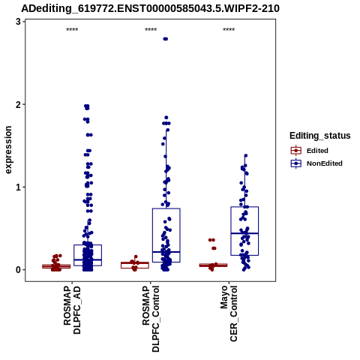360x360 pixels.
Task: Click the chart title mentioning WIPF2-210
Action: tap(150, 8)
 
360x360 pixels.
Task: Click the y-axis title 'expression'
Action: tap(8, 150)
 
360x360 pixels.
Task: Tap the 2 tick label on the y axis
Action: tap(18, 104)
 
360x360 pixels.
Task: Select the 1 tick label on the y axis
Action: tap(18, 187)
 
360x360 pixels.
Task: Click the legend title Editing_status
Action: tap(320, 136)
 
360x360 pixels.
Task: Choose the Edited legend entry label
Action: tap(317, 151)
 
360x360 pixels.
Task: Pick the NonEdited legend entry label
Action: tap(325, 163)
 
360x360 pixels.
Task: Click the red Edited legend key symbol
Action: tap(296, 151)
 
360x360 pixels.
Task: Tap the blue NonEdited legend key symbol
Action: tap(296, 163)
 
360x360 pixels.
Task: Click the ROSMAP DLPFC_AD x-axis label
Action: tap(72, 310)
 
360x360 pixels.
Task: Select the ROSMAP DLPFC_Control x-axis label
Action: tap(151, 319)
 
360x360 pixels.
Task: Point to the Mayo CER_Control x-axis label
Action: tap(229, 313)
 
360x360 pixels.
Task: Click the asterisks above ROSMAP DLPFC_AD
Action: tap(72, 30)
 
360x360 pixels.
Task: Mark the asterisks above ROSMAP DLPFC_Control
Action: tap(151, 30)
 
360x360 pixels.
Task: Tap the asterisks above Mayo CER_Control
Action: tap(229, 30)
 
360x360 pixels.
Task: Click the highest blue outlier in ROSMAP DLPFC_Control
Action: tap(166, 39)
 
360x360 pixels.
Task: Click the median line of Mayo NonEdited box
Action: tap(244, 233)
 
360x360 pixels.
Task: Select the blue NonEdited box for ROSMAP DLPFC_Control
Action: tap(166, 208)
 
